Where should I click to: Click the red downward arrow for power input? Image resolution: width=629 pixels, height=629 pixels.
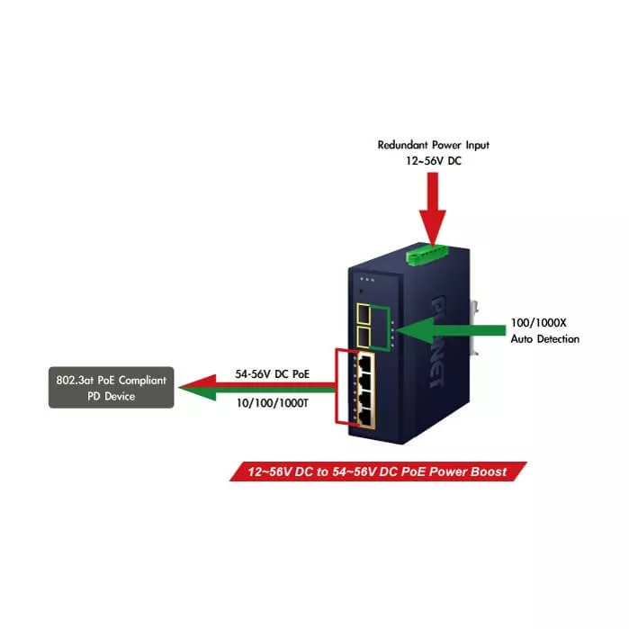433,206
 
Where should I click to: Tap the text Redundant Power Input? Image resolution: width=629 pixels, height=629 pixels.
434,144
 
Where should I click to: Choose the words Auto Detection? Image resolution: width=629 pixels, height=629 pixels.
544,339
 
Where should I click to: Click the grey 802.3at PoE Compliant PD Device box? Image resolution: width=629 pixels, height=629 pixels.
111,388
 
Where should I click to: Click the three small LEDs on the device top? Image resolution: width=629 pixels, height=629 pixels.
366,279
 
